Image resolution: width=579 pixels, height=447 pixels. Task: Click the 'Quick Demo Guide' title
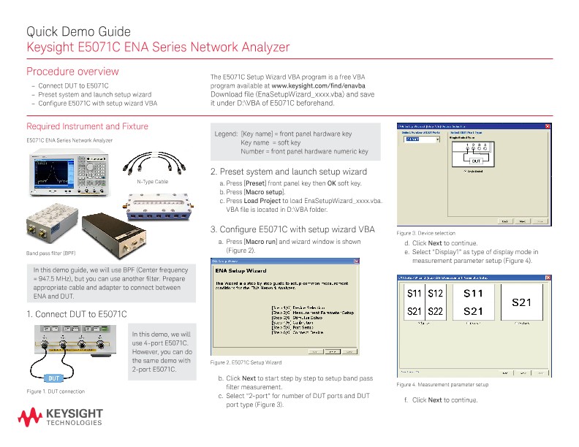pyautogui.click(x=78, y=31)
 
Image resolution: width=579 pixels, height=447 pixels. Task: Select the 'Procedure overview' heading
pyautogui.click(x=72, y=72)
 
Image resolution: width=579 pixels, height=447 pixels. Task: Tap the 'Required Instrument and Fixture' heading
pyautogui.click(x=87, y=126)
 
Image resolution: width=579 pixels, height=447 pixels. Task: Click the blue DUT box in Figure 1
pyautogui.click(x=54, y=378)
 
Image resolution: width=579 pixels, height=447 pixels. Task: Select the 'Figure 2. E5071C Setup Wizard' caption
pyautogui.click(x=246, y=363)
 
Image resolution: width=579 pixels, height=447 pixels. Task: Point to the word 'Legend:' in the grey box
pyautogui.click(x=225, y=134)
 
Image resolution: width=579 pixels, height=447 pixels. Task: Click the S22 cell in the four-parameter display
pyautogui.click(x=436, y=311)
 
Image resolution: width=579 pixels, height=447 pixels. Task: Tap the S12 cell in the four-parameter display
pyautogui.click(x=436, y=294)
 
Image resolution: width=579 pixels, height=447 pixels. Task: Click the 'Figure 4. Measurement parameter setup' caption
pyautogui.click(x=442, y=385)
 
